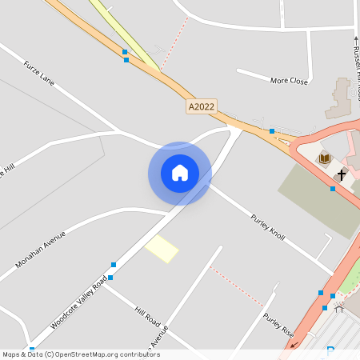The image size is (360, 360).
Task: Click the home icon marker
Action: [x=179, y=173]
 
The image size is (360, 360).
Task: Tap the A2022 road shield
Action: [x=202, y=106]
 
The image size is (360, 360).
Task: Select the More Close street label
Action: [x=289, y=81]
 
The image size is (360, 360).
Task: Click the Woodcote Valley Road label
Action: [x=78, y=302]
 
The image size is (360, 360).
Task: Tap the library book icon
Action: [x=325, y=158]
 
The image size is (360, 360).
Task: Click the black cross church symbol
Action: [x=341, y=174]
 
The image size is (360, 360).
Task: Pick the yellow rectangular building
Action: [x=162, y=249]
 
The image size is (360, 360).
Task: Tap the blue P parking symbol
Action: [x=330, y=350]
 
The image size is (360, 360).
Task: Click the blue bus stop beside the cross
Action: [x=333, y=189]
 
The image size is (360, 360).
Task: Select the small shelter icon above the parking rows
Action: [x=338, y=307]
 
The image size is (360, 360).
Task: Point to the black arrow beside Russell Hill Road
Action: [x=356, y=37]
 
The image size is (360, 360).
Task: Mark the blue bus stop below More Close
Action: [x=272, y=130]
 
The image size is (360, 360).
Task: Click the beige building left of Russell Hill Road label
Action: [x=338, y=98]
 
